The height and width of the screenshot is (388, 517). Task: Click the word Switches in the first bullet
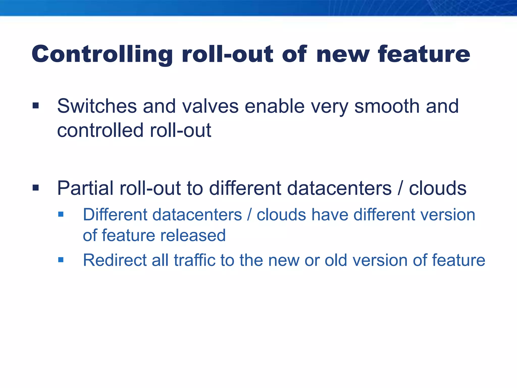97,106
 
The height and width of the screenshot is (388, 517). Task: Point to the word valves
210,106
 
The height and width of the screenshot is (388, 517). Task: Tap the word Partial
85,188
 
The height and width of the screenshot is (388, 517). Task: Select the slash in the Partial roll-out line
400,188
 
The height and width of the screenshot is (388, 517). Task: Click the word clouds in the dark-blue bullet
437,188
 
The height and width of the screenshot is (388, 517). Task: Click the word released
193,235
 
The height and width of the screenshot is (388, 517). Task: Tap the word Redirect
115,260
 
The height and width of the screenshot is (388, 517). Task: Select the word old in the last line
336,260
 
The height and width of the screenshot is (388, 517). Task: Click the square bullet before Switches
36,106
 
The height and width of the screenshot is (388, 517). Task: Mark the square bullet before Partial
36,188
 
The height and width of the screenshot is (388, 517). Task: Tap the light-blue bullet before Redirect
61,260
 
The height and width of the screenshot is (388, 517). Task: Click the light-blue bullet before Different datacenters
61,214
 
